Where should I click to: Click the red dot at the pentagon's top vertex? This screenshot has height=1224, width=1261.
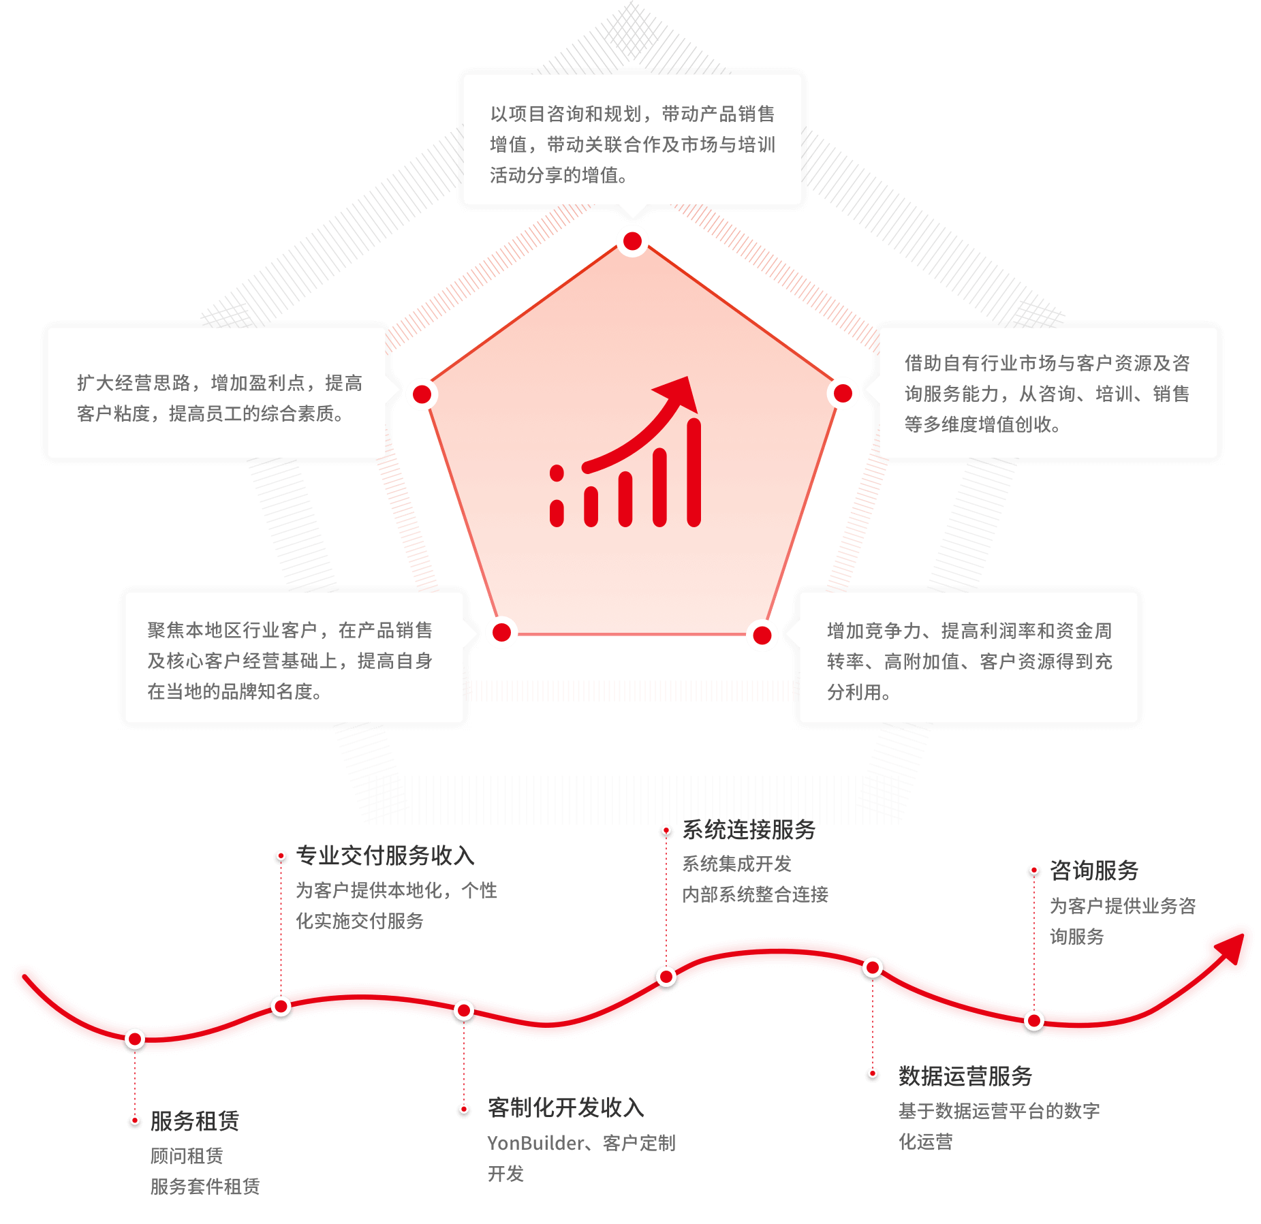(x=632, y=241)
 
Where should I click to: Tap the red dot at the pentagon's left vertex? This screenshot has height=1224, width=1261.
(x=422, y=394)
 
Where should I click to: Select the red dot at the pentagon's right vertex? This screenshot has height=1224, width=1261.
(x=843, y=393)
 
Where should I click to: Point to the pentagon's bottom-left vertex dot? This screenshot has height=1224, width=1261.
(x=501, y=633)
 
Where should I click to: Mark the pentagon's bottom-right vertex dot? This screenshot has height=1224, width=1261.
(x=762, y=635)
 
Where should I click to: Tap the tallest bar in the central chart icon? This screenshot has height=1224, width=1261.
(x=694, y=473)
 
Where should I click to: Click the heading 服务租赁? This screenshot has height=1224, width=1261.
(x=195, y=1121)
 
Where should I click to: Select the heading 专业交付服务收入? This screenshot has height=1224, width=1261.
(x=385, y=856)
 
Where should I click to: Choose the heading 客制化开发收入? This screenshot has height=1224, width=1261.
(x=566, y=1108)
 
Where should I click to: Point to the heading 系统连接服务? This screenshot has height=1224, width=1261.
(x=749, y=830)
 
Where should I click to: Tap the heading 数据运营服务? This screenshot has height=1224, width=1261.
(x=965, y=1076)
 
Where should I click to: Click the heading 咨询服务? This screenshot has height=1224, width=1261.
(x=1094, y=870)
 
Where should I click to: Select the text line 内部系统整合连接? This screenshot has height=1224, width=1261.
(x=755, y=894)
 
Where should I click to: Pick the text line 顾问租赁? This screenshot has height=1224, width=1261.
(x=187, y=1155)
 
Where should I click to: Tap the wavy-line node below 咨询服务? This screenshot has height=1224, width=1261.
(x=1034, y=1021)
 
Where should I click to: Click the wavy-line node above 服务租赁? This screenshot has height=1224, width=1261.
(x=135, y=1039)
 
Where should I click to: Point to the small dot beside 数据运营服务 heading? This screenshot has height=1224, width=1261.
(x=873, y=1074)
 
